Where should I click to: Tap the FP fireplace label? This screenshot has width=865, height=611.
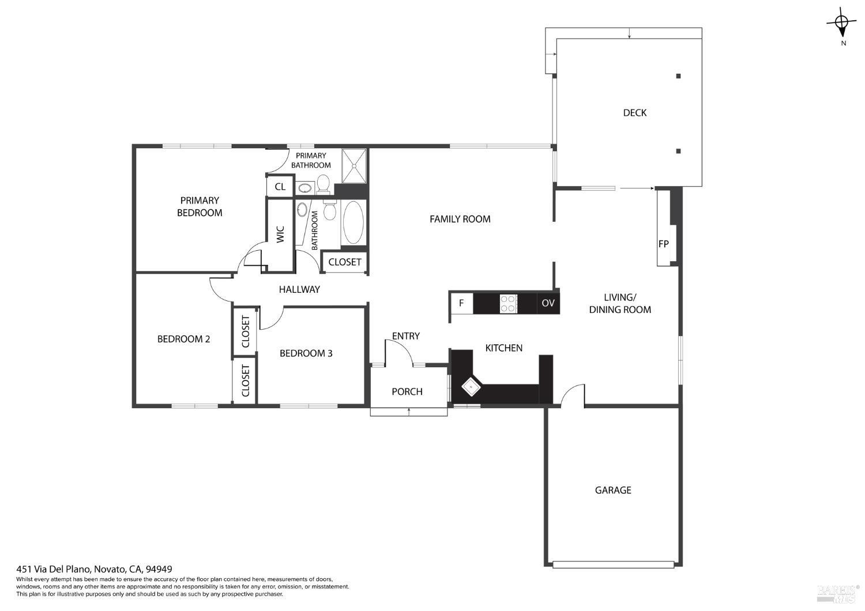[663, 244]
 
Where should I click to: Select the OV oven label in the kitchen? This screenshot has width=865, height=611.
[548, 303]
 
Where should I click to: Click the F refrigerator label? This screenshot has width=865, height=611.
[461, 303]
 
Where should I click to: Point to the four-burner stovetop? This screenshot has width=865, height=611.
[508, 303]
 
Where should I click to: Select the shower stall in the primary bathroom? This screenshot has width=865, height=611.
[353, 166]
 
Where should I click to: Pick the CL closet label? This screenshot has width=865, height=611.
[280, 187]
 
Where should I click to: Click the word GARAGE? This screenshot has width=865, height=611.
[612, 490]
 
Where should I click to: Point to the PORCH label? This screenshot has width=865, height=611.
[407, 391]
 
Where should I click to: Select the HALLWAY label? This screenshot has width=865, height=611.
[299, 289]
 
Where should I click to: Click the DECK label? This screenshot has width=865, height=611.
[634, 112]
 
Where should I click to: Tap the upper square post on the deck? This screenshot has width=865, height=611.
[678, 76]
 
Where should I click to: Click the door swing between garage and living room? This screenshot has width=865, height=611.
[572, 395]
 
